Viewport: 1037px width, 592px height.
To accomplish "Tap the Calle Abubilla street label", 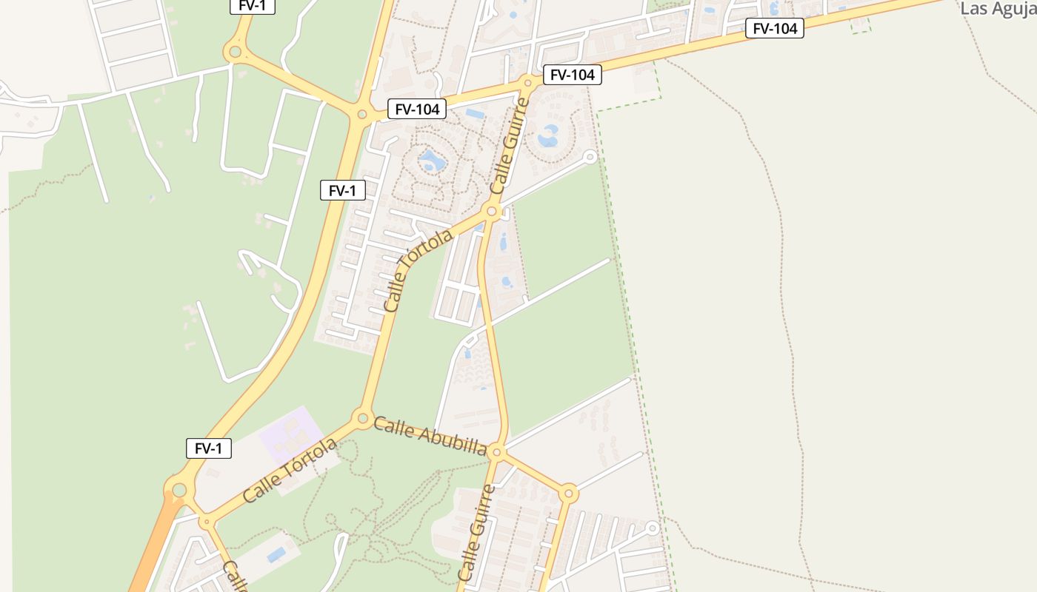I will pos(430,436).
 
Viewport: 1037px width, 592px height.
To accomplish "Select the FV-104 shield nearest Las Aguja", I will pos(774,29).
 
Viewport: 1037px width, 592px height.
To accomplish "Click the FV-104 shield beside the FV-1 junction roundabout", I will pos(417,110).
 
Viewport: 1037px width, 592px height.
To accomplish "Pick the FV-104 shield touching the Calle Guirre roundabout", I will pos(572,75).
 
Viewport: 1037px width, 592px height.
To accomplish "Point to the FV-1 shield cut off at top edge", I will pos(253,6).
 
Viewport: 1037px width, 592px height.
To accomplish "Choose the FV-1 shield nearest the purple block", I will pos(208,448).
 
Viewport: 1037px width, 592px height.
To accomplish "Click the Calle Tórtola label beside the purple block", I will pos(290,471).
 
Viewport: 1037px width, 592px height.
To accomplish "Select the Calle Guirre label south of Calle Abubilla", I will pos(476,533).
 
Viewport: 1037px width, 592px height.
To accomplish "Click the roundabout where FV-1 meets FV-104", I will pos(361,114).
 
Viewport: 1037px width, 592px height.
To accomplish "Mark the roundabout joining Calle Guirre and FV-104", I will pos(527,81).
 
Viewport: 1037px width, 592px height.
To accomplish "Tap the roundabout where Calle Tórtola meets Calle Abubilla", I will pos(363,418).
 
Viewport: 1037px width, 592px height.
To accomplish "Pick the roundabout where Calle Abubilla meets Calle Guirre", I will pos(497,452).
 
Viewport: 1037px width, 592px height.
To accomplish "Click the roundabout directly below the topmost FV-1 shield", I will pos(236,52).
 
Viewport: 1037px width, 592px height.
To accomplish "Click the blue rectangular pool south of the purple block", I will pos(276,554).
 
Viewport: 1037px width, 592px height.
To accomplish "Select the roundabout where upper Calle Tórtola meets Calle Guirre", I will pos(491,212).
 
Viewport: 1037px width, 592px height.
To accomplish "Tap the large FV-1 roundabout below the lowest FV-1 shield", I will pos(179,489).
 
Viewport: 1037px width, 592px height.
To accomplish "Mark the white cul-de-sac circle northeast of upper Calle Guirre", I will pos(590,157).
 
